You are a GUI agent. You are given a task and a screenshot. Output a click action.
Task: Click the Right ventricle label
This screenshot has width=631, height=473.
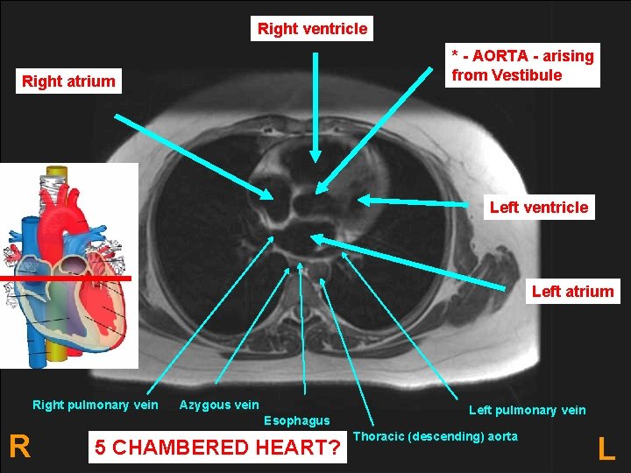pos(313,29)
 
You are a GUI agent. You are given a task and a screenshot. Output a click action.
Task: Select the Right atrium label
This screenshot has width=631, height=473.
pos(68,81)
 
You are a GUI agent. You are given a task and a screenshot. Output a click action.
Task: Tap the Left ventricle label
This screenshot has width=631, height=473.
pos(539,208)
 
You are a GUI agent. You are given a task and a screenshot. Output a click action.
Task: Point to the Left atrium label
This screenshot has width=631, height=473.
pos(572,292)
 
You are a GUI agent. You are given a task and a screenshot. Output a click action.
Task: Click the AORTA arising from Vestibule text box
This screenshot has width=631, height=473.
pos(522,66)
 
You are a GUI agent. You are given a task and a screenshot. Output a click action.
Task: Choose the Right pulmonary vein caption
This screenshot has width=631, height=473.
pos(96,405)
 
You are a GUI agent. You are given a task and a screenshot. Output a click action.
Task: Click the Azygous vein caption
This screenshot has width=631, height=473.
pos(219,405)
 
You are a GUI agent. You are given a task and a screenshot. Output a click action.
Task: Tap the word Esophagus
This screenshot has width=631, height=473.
pos(296,420)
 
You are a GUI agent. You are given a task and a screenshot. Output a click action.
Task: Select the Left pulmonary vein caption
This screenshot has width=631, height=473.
pos(527,410)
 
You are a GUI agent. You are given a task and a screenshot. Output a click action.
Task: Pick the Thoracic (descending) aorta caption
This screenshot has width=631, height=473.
pos(436,436)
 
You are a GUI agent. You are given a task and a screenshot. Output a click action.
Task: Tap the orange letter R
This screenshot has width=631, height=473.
pos(19,447)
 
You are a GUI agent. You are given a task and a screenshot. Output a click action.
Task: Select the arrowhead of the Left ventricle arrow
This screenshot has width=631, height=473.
pos(362,201)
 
